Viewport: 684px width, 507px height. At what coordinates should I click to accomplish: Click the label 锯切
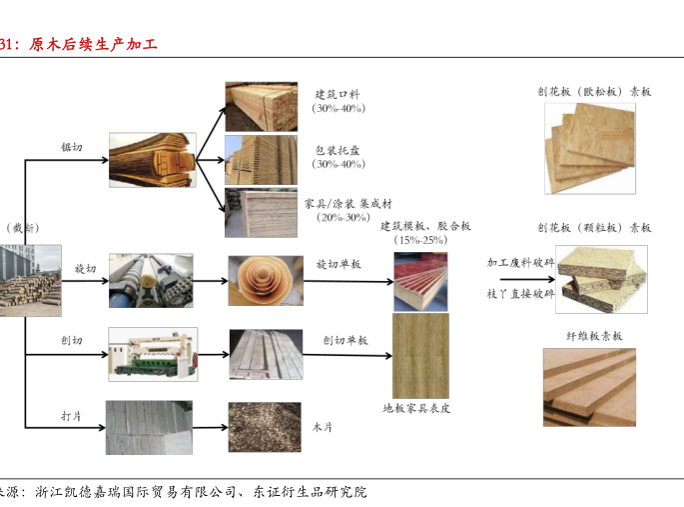click(x=71, y=148)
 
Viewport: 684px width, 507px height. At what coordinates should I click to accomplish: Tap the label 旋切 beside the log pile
click(x=85, y=269)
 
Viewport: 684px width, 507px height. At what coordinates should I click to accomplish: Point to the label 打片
click(x=71, y=414)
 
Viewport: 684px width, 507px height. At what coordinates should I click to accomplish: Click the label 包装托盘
click(x=338, y=150)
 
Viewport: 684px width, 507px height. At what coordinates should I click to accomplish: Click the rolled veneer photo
click(x=265, y=281)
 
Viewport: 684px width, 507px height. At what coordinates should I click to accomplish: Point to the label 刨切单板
click(x=344, y=341)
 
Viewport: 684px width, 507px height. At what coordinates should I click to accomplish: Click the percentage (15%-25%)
click(x=420, y=241)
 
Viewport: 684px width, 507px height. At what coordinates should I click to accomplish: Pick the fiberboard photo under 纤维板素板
click(x=588, y=387)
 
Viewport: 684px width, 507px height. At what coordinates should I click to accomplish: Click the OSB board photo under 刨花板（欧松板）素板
click(x=588, y=148)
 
